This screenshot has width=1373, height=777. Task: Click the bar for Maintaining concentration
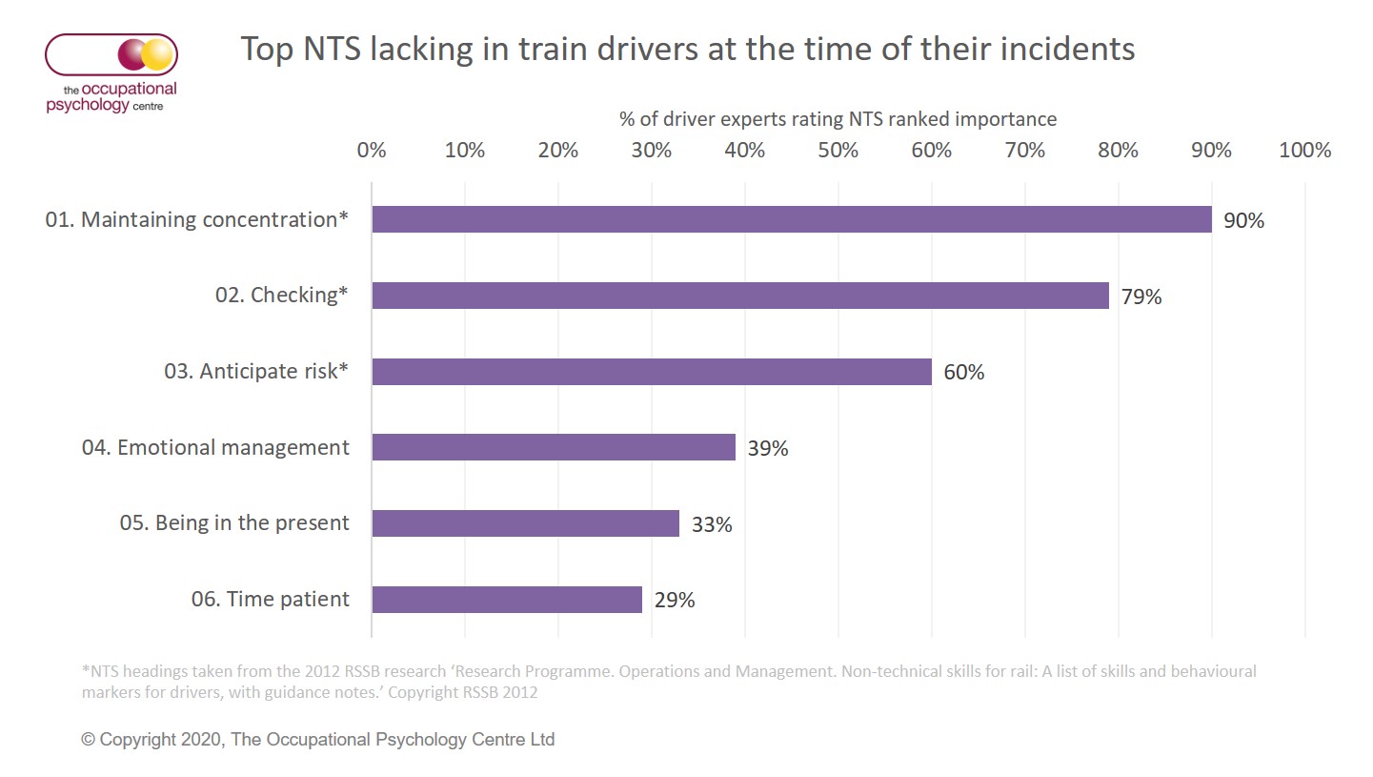791,219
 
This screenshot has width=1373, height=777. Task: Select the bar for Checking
739,296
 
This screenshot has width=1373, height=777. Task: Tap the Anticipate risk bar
651,372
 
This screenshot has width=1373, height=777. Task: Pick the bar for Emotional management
553,447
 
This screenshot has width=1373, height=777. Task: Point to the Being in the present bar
525,523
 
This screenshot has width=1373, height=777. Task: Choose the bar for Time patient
506,600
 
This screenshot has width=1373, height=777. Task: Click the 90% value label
1244,220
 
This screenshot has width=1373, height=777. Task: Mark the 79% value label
1141,296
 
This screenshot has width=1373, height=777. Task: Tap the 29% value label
675,601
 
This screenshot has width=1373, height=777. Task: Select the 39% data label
768,448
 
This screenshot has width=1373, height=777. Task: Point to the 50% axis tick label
838,150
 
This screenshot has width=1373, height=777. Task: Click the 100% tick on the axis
1304,150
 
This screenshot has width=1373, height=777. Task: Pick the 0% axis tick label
371,150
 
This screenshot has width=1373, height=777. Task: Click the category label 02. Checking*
282,296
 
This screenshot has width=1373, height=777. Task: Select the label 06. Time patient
271,600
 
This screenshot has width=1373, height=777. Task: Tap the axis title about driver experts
838,119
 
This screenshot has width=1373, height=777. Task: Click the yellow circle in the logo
158,54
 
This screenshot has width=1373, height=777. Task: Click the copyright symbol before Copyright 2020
89,740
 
